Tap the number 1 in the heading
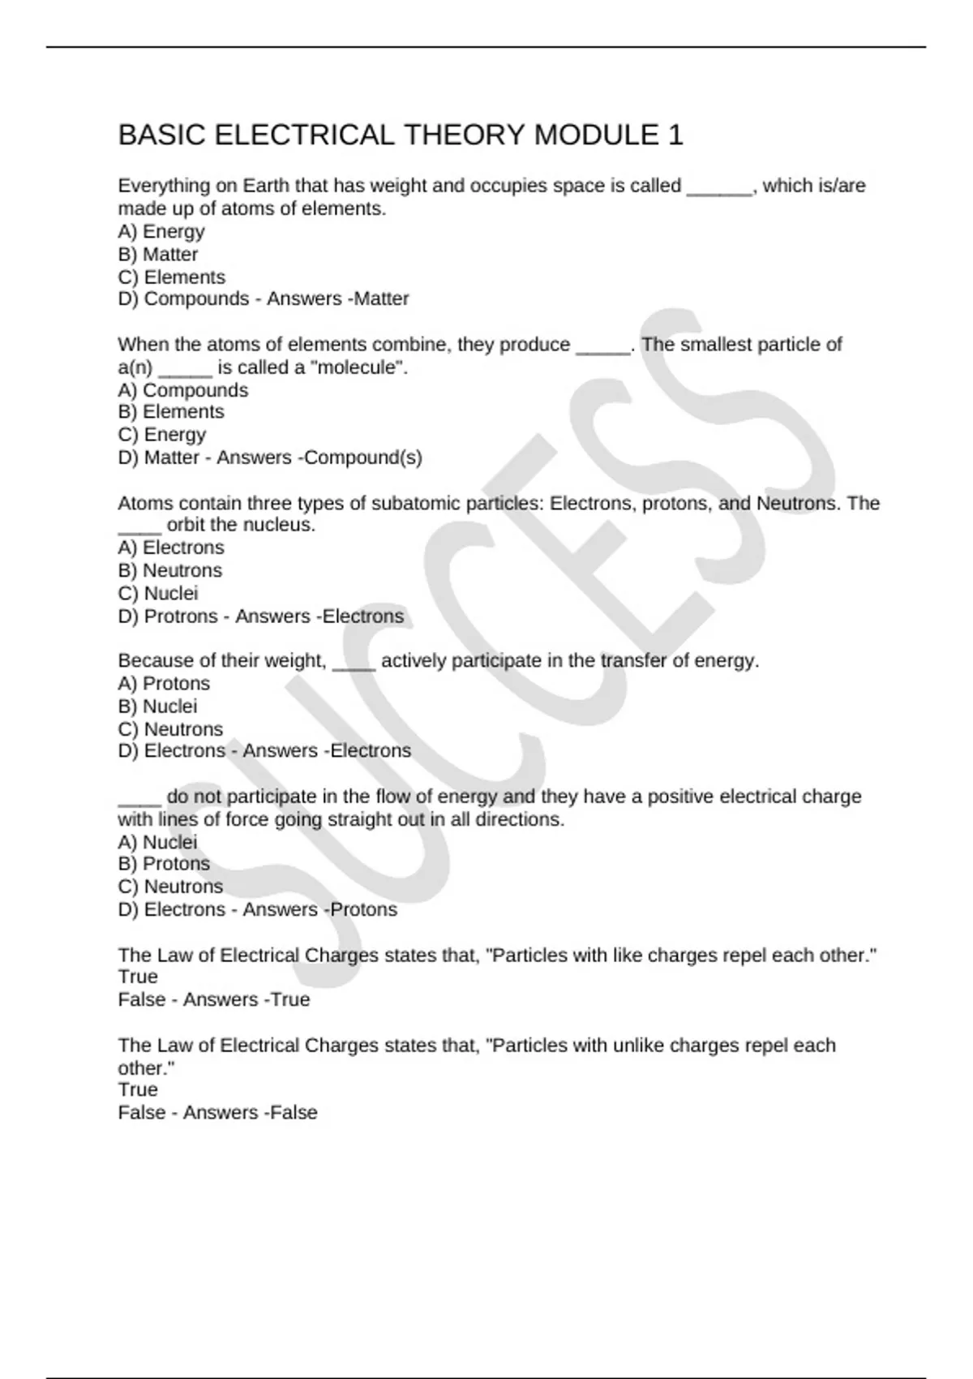coord(675,135)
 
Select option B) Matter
coord(158,254)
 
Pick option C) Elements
coord(172,277)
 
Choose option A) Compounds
coord(183,390)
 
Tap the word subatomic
coord(416,503)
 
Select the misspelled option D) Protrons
coord(169,616)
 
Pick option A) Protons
coord(164,684)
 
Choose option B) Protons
coord(164,864)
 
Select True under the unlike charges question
coord(138,1090)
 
